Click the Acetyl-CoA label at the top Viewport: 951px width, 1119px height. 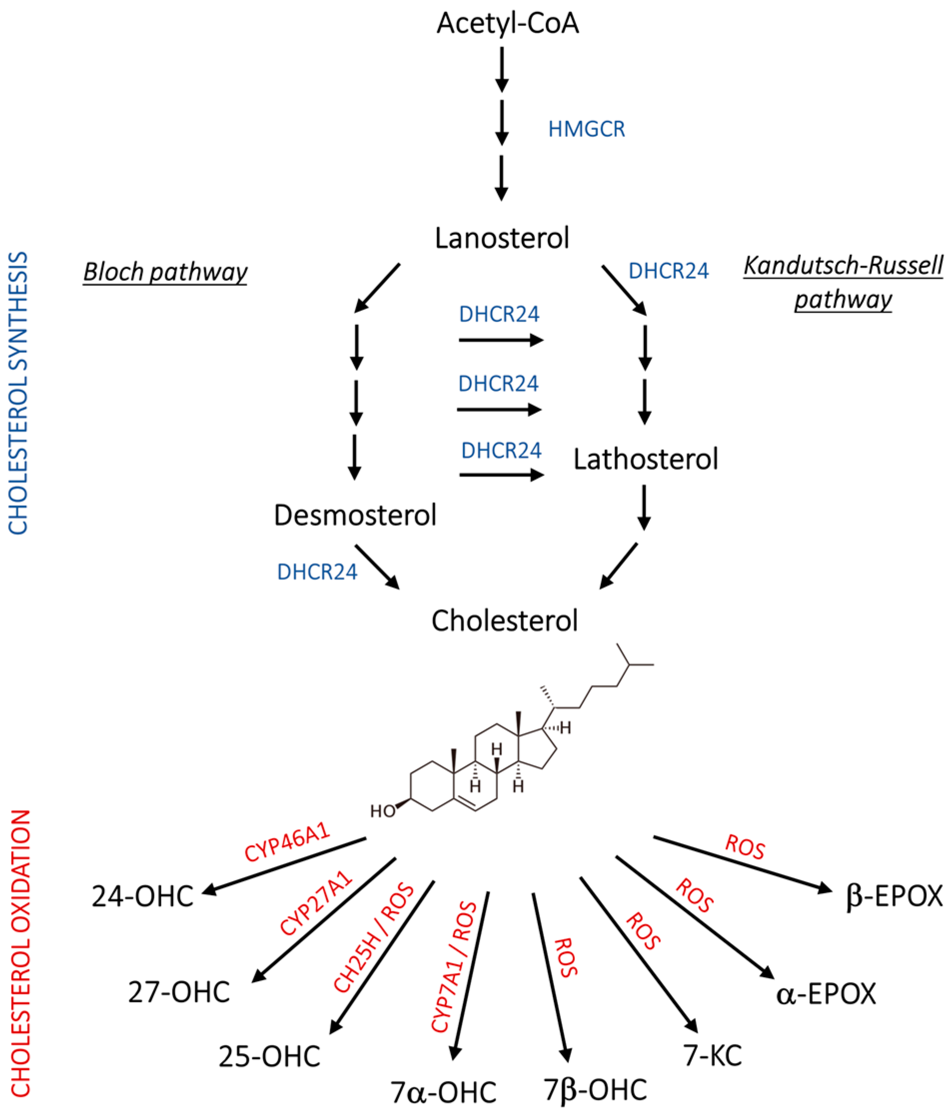point(507,24)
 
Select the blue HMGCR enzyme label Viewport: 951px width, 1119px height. point(586,129)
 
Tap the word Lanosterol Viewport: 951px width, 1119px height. point(502,238)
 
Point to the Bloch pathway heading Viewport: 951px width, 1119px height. point(165,272)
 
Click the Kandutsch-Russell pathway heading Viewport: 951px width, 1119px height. point(843,283)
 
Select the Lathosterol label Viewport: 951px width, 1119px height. point(645,460)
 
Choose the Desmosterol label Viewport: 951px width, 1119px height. point(355,515)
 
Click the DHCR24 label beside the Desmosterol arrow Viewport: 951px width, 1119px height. point(317,572)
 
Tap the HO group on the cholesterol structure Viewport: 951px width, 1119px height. point(382,811)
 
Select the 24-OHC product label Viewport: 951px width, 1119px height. point(142,897)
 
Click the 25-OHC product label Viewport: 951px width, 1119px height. point(270,1057)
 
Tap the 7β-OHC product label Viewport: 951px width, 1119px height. point(595,1090)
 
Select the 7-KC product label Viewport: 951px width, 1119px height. point(713,1056)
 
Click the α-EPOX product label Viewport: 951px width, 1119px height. point(826,993)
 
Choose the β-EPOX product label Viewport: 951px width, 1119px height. point(894,896)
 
